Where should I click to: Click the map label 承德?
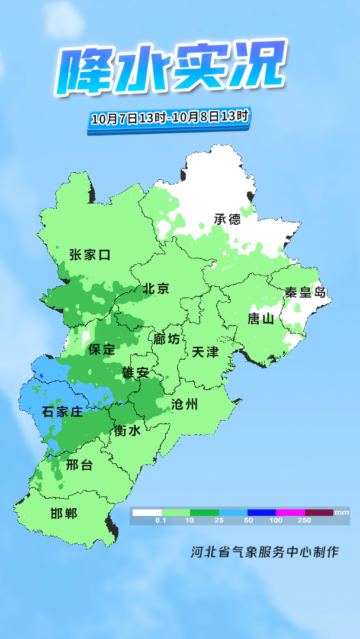228,219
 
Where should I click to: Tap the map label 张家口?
90,255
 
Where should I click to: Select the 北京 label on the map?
156,289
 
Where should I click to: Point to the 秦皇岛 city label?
305,292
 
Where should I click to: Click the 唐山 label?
261,318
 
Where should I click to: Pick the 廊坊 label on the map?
166,339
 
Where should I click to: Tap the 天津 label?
205,352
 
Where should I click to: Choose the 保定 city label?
102,349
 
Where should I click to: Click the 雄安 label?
136,372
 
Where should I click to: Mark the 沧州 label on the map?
184,405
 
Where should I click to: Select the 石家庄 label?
63,412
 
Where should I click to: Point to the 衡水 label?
128,431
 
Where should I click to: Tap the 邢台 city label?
80,465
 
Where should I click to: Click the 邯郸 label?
64,513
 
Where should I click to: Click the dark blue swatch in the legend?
262,512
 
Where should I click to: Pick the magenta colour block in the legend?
290,512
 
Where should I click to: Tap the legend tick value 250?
305,520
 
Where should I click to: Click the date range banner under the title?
169,117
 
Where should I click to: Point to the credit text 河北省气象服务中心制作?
265,552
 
